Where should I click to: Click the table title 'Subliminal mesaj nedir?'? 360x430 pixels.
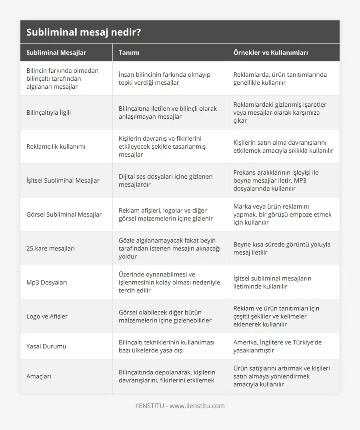pyautogui.click(x=83, y=32)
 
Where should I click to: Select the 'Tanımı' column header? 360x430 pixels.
pyautogui.click(x=129, y=52)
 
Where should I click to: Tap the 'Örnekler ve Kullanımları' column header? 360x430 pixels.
pyautogui.click(x=270, y=52)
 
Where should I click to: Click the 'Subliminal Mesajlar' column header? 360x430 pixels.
pyautogui.click(x=56, y=52)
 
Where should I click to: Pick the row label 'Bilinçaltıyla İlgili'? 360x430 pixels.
pyautogui.click(x=48, y=112)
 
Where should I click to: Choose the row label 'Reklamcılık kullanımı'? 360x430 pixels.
pyautogui.click(x=56, y=146)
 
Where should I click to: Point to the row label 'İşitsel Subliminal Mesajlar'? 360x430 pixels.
pyautogui.click(x=63, y=180)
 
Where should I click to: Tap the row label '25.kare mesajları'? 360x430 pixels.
pyautogui.click(x=50, y=248)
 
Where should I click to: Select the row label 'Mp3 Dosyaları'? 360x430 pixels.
pyautogui.click(x=47, y=282)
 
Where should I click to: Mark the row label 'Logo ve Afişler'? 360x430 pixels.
pyautogui.click(x=47, y=316)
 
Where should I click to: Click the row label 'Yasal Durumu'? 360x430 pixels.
pyautogui.click(x=46, y=346)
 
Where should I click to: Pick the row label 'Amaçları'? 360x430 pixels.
pyautogui.click(x=39, y=376)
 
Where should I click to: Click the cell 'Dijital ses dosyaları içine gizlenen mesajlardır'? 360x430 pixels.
pyautogui.click(x=166, y=180)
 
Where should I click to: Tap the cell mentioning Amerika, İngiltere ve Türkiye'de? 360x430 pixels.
pyautogui.click(x=278, y=346)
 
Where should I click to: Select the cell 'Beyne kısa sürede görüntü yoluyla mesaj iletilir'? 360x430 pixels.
pyautogui.click(x=282, y=248)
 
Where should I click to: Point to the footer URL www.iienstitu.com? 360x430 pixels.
pyautogui.click(x=197, y=406)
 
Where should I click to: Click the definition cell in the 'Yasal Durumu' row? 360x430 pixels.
pyautogui.click(x=166, y=346)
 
